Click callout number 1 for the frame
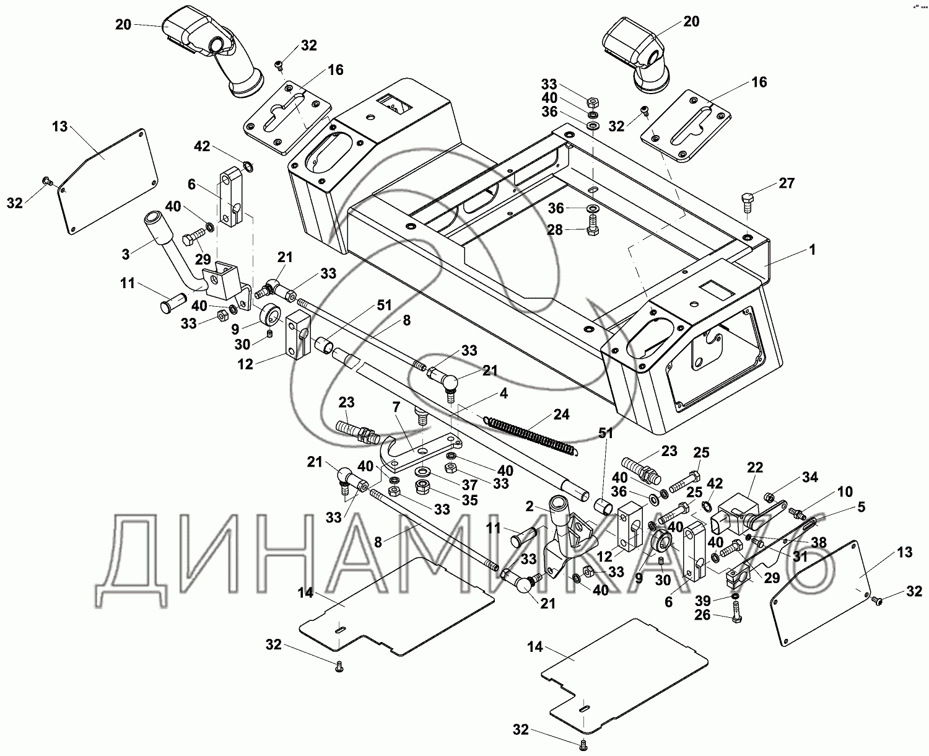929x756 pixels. tap(812, 250)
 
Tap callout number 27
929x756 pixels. tap(786, 183)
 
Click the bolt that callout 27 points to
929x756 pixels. tap(747, 201)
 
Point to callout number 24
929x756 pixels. tap(560, 415)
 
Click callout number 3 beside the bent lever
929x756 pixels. tap(126, 254)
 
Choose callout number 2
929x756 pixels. tap(530, 506)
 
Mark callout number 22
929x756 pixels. tap(756, 468)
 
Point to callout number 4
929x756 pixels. tap(504, 393)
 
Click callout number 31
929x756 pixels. tap(800, 556)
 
